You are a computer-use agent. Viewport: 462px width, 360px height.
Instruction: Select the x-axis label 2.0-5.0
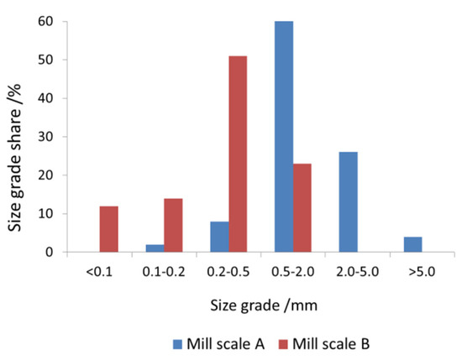[355, 271]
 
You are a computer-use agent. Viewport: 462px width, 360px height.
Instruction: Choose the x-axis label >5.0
[419, 271]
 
